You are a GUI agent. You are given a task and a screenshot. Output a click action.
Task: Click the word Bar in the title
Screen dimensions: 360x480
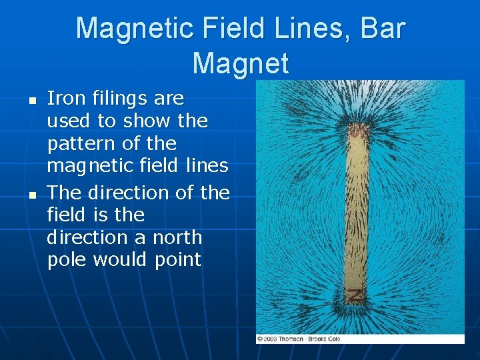coord(381,29)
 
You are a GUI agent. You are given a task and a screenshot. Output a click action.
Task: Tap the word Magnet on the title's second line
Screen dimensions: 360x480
coord(241,64)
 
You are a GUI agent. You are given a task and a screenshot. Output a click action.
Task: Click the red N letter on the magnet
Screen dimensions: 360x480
coord(357,296)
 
